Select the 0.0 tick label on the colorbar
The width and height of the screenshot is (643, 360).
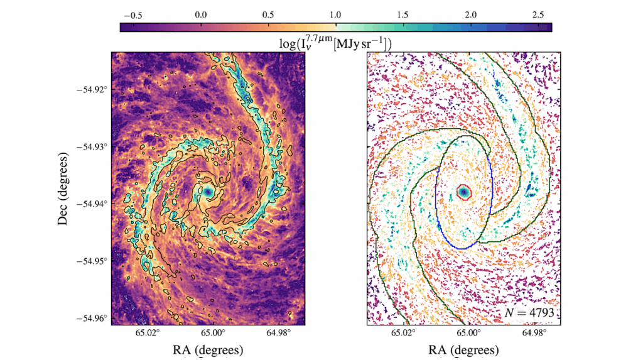[201, 14]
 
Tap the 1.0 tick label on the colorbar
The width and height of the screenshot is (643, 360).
[335, 14]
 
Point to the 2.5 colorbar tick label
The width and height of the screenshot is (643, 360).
[537, 14]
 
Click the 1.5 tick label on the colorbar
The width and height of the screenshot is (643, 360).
[403, 14]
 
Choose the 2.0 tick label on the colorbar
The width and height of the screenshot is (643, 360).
[470, 14]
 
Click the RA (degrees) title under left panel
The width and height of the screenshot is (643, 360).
[208, 349]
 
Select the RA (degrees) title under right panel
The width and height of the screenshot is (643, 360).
[463, 349]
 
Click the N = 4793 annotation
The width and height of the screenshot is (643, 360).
[528, 312]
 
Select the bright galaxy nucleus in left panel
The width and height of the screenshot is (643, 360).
[208, 192]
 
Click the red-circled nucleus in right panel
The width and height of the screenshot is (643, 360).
[463, 192]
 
